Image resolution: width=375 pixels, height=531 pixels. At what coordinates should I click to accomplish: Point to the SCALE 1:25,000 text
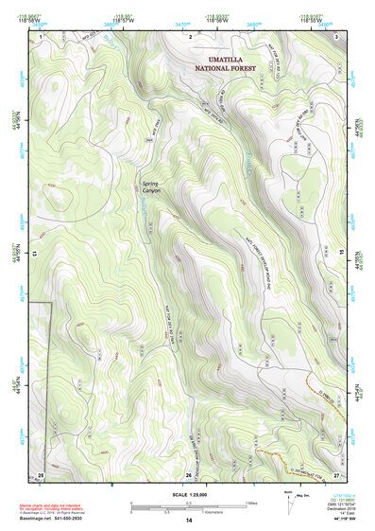(x=188, y=493)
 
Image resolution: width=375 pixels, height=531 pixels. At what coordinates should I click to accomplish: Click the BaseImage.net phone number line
(x=52, y=518)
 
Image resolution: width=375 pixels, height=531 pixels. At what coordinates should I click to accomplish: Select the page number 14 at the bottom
(x=188, y=521)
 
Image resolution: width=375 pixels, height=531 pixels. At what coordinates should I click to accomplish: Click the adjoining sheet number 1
(x=42, y=35)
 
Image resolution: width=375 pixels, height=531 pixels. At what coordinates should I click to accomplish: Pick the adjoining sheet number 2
(x=190, y=35)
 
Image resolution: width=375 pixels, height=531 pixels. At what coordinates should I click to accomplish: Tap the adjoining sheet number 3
(x=337, y=35)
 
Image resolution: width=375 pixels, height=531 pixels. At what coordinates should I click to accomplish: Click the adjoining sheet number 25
(x=41, y=474)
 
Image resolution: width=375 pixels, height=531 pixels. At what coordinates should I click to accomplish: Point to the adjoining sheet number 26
(x=189, y=474)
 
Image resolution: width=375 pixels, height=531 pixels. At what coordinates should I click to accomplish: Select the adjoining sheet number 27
(x=336, y=474)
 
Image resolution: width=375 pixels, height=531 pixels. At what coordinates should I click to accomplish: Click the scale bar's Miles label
(x=251, y=503)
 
